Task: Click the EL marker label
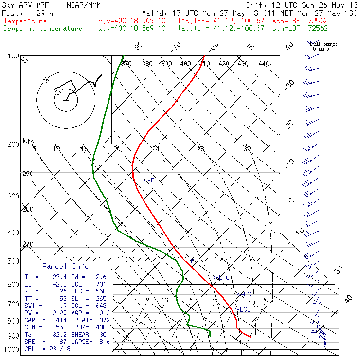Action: (x=152, y=180)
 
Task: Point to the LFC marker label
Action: (x=222, y=277)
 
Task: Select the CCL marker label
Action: (x=247, y=294)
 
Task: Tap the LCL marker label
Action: (x=243, y=309)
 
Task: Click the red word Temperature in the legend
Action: (x=25, y=21)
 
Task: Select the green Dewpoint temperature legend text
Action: (x=43, y=28)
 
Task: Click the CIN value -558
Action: (x=62, y=328)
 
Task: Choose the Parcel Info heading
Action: (x=65, y=266)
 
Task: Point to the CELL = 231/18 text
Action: (x=47, y=349)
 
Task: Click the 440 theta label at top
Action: (x=264, y=64)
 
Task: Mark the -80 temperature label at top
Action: (x=139, y=46)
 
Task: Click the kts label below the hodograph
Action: (x=29, y=141)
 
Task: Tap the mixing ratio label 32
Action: (x=247, y=149)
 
